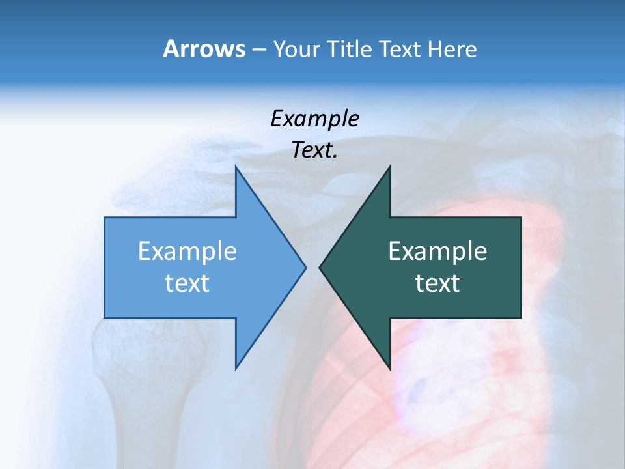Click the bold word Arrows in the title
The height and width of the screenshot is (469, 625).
pos(204,49)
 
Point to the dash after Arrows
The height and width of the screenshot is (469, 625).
pos(258,50)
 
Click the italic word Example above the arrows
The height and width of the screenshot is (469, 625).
pos(314,119)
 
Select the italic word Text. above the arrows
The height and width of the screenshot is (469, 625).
pos(314,150)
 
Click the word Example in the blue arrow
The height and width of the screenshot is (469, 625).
pos(187,251)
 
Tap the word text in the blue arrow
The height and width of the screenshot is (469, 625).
pos(187,283)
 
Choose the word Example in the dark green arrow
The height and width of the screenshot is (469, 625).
pos(437,251)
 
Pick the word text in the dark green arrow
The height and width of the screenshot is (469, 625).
pos(437,283)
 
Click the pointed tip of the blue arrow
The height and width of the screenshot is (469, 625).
pos(306,267)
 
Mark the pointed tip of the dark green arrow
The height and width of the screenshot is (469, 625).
pos(320,267)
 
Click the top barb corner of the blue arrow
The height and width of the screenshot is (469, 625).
pos(236,167)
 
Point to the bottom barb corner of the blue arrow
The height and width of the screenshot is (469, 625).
pos(236,368)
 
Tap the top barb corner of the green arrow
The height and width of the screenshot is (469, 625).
pos(389,167)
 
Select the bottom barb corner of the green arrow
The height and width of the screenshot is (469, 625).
pos(389,368)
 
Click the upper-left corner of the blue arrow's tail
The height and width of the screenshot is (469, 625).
pos(105,218)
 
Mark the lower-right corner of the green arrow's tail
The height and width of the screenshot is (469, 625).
pos(521,318)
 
